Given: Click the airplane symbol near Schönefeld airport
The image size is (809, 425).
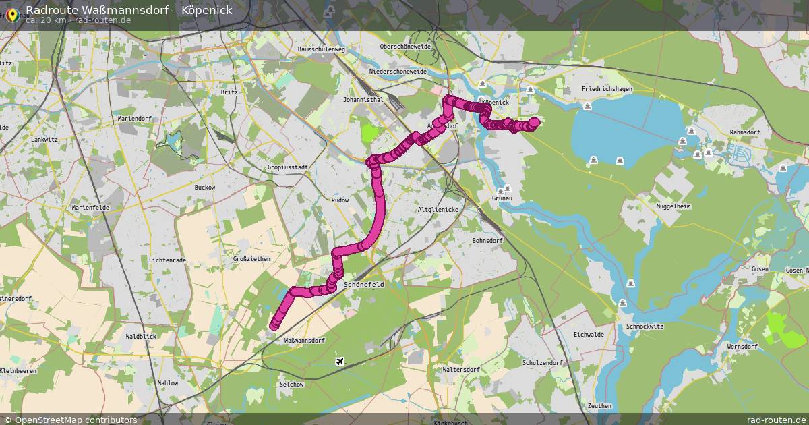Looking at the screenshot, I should click(340, 362).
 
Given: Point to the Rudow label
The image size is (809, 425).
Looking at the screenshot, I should click(340, 200).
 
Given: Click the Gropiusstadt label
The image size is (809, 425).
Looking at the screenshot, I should click(288, 167).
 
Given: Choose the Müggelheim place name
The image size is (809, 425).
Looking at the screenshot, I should click(673, 206).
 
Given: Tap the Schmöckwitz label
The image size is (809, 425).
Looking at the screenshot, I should click(645, 326).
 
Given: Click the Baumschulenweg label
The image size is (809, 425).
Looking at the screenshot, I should click(321, 49).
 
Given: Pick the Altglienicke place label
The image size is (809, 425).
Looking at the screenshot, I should click(438, 210).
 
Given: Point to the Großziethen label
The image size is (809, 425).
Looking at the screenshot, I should click(251, 259).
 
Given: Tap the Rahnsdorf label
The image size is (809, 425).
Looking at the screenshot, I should click(745, 132).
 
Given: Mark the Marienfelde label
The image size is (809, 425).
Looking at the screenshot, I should click(90, 208).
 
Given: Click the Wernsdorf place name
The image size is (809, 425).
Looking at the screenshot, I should click(742, 347).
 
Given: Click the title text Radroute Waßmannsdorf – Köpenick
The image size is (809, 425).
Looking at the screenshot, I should click(129, 9).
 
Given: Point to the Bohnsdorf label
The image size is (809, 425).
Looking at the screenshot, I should click(487, 240).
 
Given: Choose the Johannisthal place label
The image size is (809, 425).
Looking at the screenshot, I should click(363, 99).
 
